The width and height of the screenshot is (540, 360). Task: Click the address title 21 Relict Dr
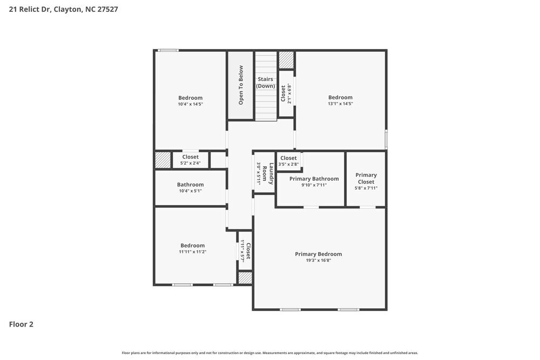click(x=64, y=9)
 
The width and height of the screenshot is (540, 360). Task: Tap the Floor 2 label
click(x=21, y=324)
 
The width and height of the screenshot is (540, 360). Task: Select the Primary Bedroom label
click(x=318, y=254)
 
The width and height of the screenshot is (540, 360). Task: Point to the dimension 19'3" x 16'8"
click(x=318, y=260)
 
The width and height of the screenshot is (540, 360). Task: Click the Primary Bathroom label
click(x=314, y=179)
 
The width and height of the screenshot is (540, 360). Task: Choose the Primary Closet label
click(x=366, y=178)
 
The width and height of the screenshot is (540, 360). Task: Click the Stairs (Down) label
click(x=265, y=83)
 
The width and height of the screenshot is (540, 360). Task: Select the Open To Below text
click(x=241, y=85)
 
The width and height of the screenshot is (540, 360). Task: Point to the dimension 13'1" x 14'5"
click(x=340, y=104)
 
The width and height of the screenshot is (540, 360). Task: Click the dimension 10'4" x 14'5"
click(x=190, y=104)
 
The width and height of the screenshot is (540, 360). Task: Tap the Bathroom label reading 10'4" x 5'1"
click(x=190, y=185)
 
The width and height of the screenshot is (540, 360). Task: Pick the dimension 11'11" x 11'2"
click(x=192, y=252)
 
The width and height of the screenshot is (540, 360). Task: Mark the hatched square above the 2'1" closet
click(x=286, y=60)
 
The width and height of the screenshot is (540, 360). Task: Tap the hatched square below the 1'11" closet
click(x=245, y=278)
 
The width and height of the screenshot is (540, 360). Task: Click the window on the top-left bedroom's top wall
click(x=168, y=51)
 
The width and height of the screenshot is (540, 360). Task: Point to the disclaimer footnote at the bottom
click(x=269, y=352)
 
